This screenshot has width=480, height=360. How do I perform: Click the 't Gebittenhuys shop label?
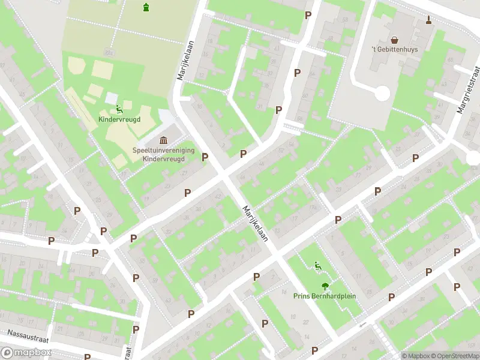[394, 49]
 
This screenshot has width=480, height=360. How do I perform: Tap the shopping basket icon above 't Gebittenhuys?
[394, 38]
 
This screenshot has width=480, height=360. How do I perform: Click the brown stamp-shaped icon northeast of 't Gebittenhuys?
[428, 20]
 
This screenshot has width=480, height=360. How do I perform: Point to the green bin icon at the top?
[146, 7]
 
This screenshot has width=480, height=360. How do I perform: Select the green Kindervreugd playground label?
[119, 119]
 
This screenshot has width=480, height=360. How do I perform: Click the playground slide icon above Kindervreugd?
[119, 109]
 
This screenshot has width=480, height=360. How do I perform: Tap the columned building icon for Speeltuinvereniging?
[163, 140]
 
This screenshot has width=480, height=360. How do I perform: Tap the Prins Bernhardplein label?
[324, 296]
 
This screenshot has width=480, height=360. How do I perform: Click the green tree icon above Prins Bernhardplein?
[325, 286]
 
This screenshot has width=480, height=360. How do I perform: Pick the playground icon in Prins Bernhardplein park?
[318, 265]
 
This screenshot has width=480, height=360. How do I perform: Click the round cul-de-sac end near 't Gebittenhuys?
[382, 93]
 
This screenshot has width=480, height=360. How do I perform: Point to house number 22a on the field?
[109, 53]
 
